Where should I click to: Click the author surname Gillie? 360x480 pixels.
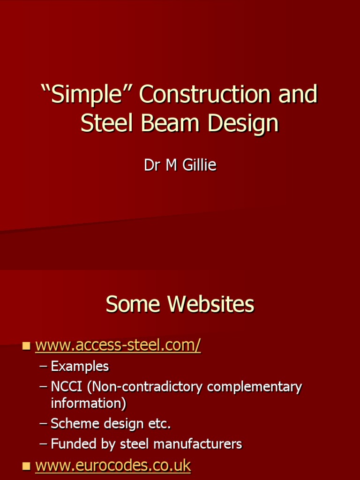pyautogui.click(x=198, y=165)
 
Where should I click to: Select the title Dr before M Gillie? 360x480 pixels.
pyautogui.click(x=151, y=165)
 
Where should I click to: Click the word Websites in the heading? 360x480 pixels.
pyautogui.click(x=211, y=305)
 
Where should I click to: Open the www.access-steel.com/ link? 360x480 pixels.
pyautogui.click(x=118, y=345)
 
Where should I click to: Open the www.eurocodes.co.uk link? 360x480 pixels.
pyautogui.click(x=113, y=465)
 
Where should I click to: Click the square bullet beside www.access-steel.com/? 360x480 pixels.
pyautogui.click(x=26, y=346)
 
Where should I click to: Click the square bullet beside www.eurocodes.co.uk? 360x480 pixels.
pyautogui.click(x=26, y=466)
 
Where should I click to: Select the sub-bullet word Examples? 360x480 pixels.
pyautogui.click(x=80, y=367)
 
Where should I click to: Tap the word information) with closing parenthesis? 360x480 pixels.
pyautogui.click(x=88, y=403)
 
